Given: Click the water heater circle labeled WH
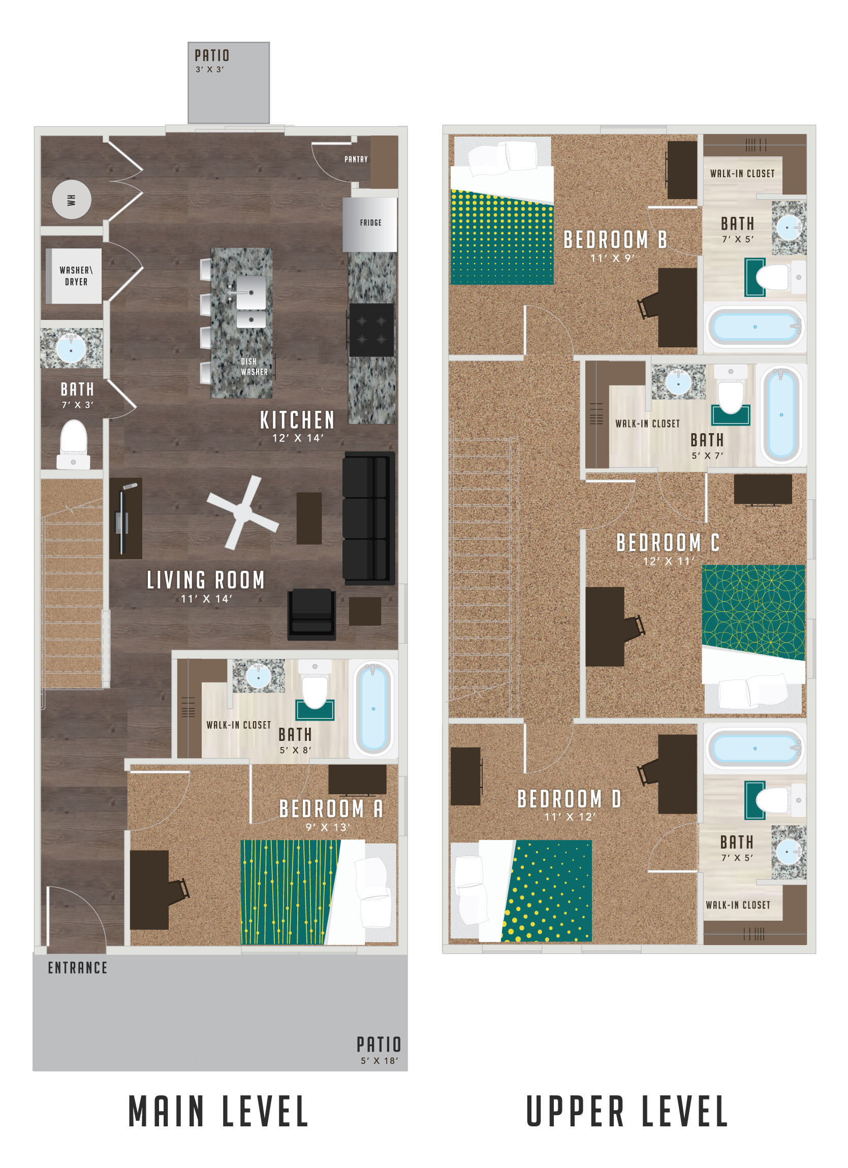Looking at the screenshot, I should coord(72,199).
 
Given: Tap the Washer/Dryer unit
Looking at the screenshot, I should coord(75,276).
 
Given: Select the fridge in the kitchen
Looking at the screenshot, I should coord(370,223).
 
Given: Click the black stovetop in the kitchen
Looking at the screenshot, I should coord(371,330).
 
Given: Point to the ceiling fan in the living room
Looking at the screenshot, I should coord(242,512).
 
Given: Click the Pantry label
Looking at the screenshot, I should coord(356,159).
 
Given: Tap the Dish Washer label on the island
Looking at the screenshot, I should coord(254,367).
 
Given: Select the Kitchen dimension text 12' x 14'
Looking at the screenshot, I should coord(297,438).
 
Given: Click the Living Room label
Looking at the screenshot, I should coord(206,580).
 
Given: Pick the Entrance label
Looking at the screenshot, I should coord(77,968).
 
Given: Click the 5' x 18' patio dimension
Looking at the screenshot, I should coord(379,1061).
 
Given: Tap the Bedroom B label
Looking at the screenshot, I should coord(615,240).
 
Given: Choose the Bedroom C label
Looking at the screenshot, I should coord(668,543).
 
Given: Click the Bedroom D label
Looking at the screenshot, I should coord(569,799).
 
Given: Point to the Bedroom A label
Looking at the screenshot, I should coord(331,809).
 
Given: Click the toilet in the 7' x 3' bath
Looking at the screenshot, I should coord(73,443).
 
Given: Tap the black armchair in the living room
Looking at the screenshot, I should coord(311,614).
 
